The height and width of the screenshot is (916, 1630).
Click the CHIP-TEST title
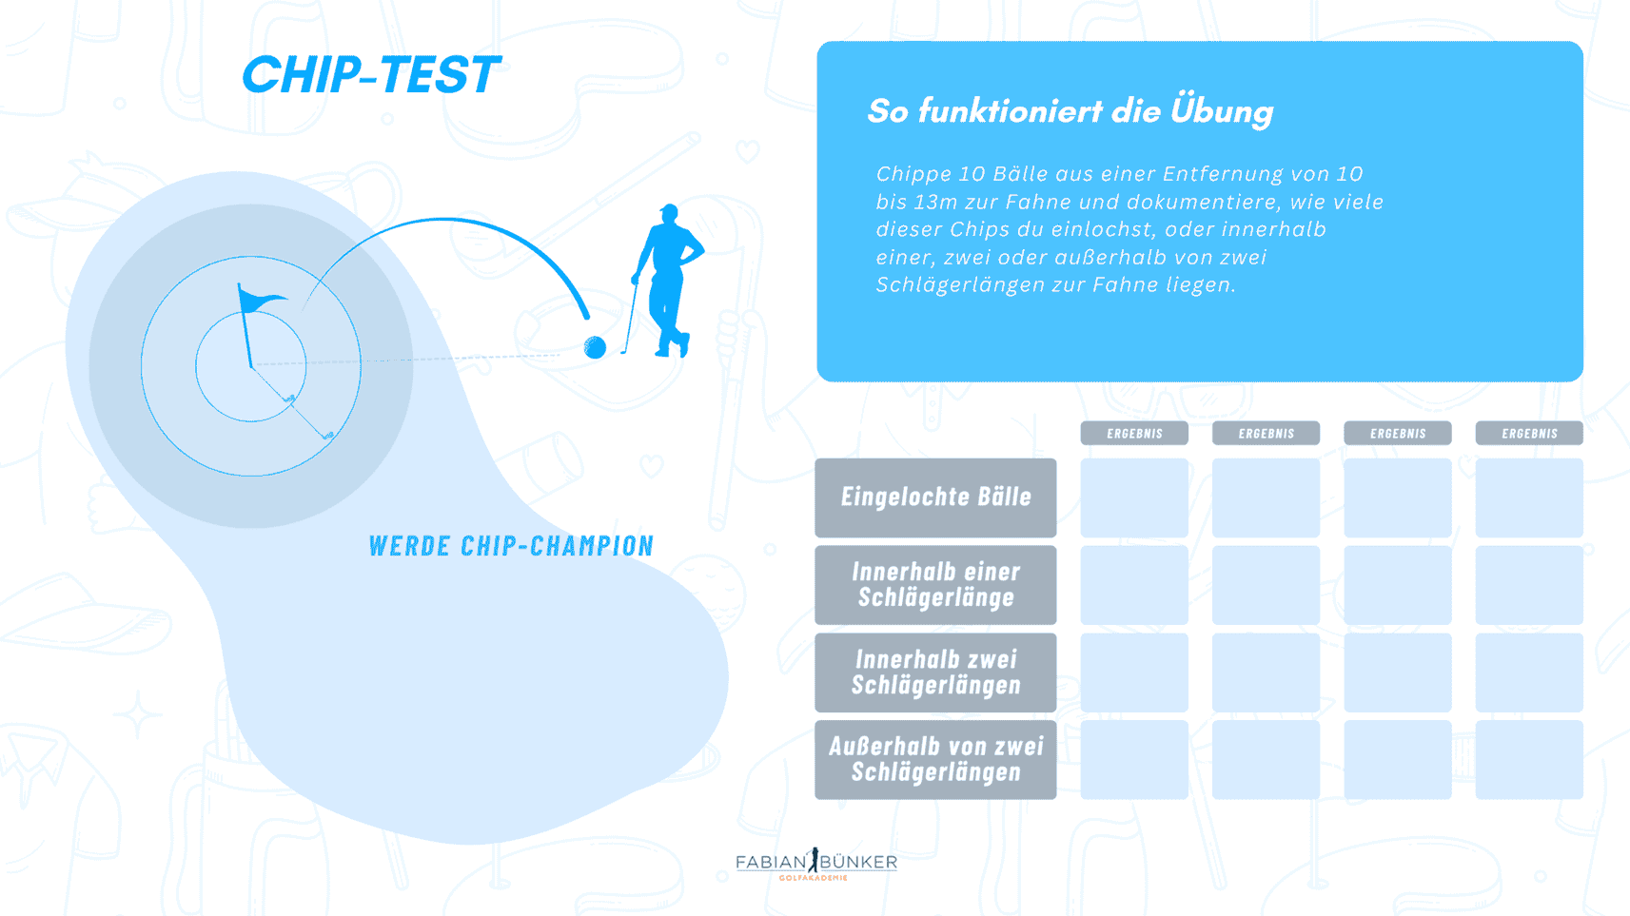coord(371,75)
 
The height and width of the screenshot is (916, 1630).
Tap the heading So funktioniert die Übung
coord(1070,111)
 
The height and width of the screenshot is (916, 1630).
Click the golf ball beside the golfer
coord(595,348)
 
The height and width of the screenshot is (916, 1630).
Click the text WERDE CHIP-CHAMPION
coord(512,546)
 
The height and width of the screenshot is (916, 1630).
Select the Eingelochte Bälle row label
coord(935,497)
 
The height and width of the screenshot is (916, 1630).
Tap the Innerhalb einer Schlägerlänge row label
coord(935,585)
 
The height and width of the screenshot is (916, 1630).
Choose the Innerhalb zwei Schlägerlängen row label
coord(935,672)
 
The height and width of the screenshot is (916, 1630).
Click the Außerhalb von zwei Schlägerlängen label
coord(935,760)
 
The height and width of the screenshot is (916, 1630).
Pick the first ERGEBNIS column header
coord(1134,433)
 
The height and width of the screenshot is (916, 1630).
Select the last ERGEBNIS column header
coord(1529,433)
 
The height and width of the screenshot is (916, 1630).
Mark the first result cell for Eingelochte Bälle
coord(1134,497)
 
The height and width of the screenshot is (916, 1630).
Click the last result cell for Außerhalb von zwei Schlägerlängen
coord(1529,760)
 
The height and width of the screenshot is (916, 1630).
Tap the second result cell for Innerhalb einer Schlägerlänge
coord(1267,585)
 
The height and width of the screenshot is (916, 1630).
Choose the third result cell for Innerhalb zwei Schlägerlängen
coord(1398,672)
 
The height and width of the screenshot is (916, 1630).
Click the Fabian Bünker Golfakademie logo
coord(816,864)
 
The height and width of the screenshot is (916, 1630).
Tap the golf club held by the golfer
coord(630,318)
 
